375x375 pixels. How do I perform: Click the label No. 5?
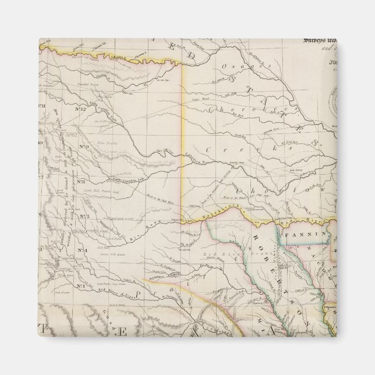tap(83, 217)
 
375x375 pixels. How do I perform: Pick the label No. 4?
tap(82, 251)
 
